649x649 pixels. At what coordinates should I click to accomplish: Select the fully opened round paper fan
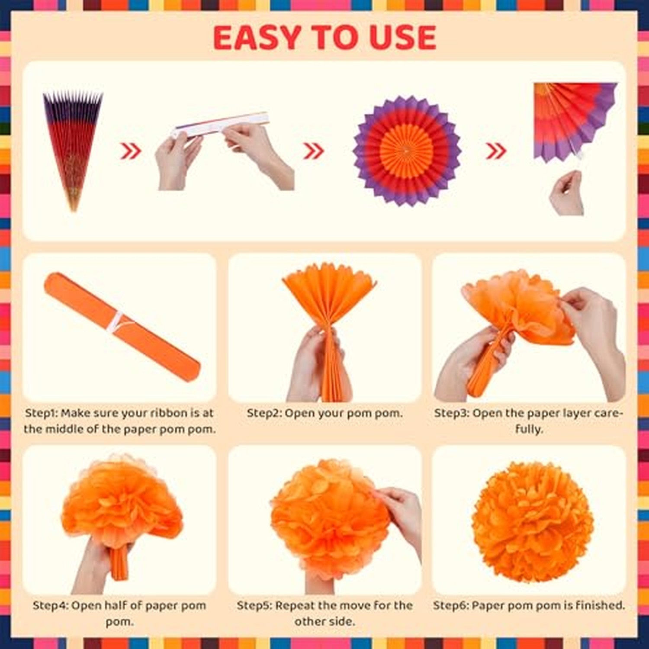(x=406, y=151)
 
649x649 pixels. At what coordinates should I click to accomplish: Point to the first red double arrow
(x=131, y=151)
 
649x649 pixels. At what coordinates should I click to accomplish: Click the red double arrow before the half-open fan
(x=496, y=151)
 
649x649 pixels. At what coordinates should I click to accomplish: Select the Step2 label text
(x=264, y=413)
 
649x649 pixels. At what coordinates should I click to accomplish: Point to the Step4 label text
(x=50, y=605)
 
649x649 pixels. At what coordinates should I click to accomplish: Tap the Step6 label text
(x=450, y=605)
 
